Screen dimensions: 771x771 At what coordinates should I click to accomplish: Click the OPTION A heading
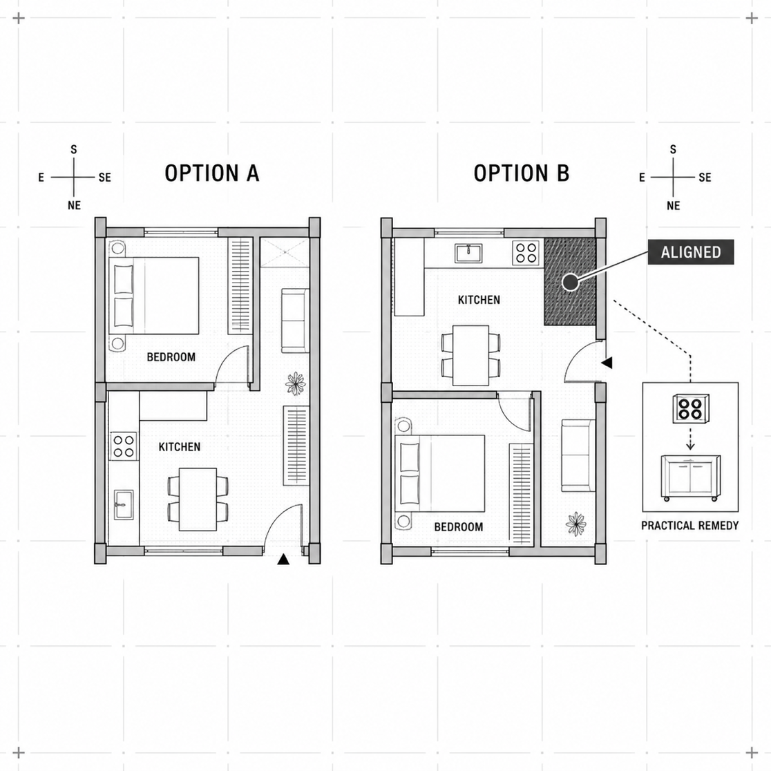(x=212, y=173)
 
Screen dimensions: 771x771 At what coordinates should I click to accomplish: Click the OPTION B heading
(x=521, y=173)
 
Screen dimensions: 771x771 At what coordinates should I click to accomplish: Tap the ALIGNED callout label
(x=690, y=251)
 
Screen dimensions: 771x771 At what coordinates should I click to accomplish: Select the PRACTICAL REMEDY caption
(x=690, y=526)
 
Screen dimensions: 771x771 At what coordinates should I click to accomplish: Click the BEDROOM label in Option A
(x=171, y=357)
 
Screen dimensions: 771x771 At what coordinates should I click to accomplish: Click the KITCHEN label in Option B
(x=479, y=300)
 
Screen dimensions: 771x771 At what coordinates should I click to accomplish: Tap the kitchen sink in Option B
(x=468, y=254)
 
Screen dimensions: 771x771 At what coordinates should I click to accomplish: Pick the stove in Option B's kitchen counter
(x=526, y=253)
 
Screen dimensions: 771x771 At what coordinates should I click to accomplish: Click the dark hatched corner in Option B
(x=570, y=282)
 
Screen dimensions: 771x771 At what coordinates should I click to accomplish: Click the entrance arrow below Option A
(x=283, y=560)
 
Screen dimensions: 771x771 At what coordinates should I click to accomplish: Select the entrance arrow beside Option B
(x=607, y=363)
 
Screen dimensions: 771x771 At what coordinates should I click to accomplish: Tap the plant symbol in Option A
(x=295, y=383)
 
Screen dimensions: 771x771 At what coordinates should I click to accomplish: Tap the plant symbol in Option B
(x=575, y=524)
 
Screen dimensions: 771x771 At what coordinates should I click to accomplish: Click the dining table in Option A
(x=198, y=499)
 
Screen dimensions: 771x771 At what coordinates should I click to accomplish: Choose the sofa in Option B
(x=578, y=456)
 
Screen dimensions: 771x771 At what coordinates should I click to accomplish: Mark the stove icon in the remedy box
(x=691, y=408)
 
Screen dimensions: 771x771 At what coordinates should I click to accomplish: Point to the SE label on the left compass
(x=105, y=178)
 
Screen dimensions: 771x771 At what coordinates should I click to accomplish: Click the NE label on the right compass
(x=674, y=206)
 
